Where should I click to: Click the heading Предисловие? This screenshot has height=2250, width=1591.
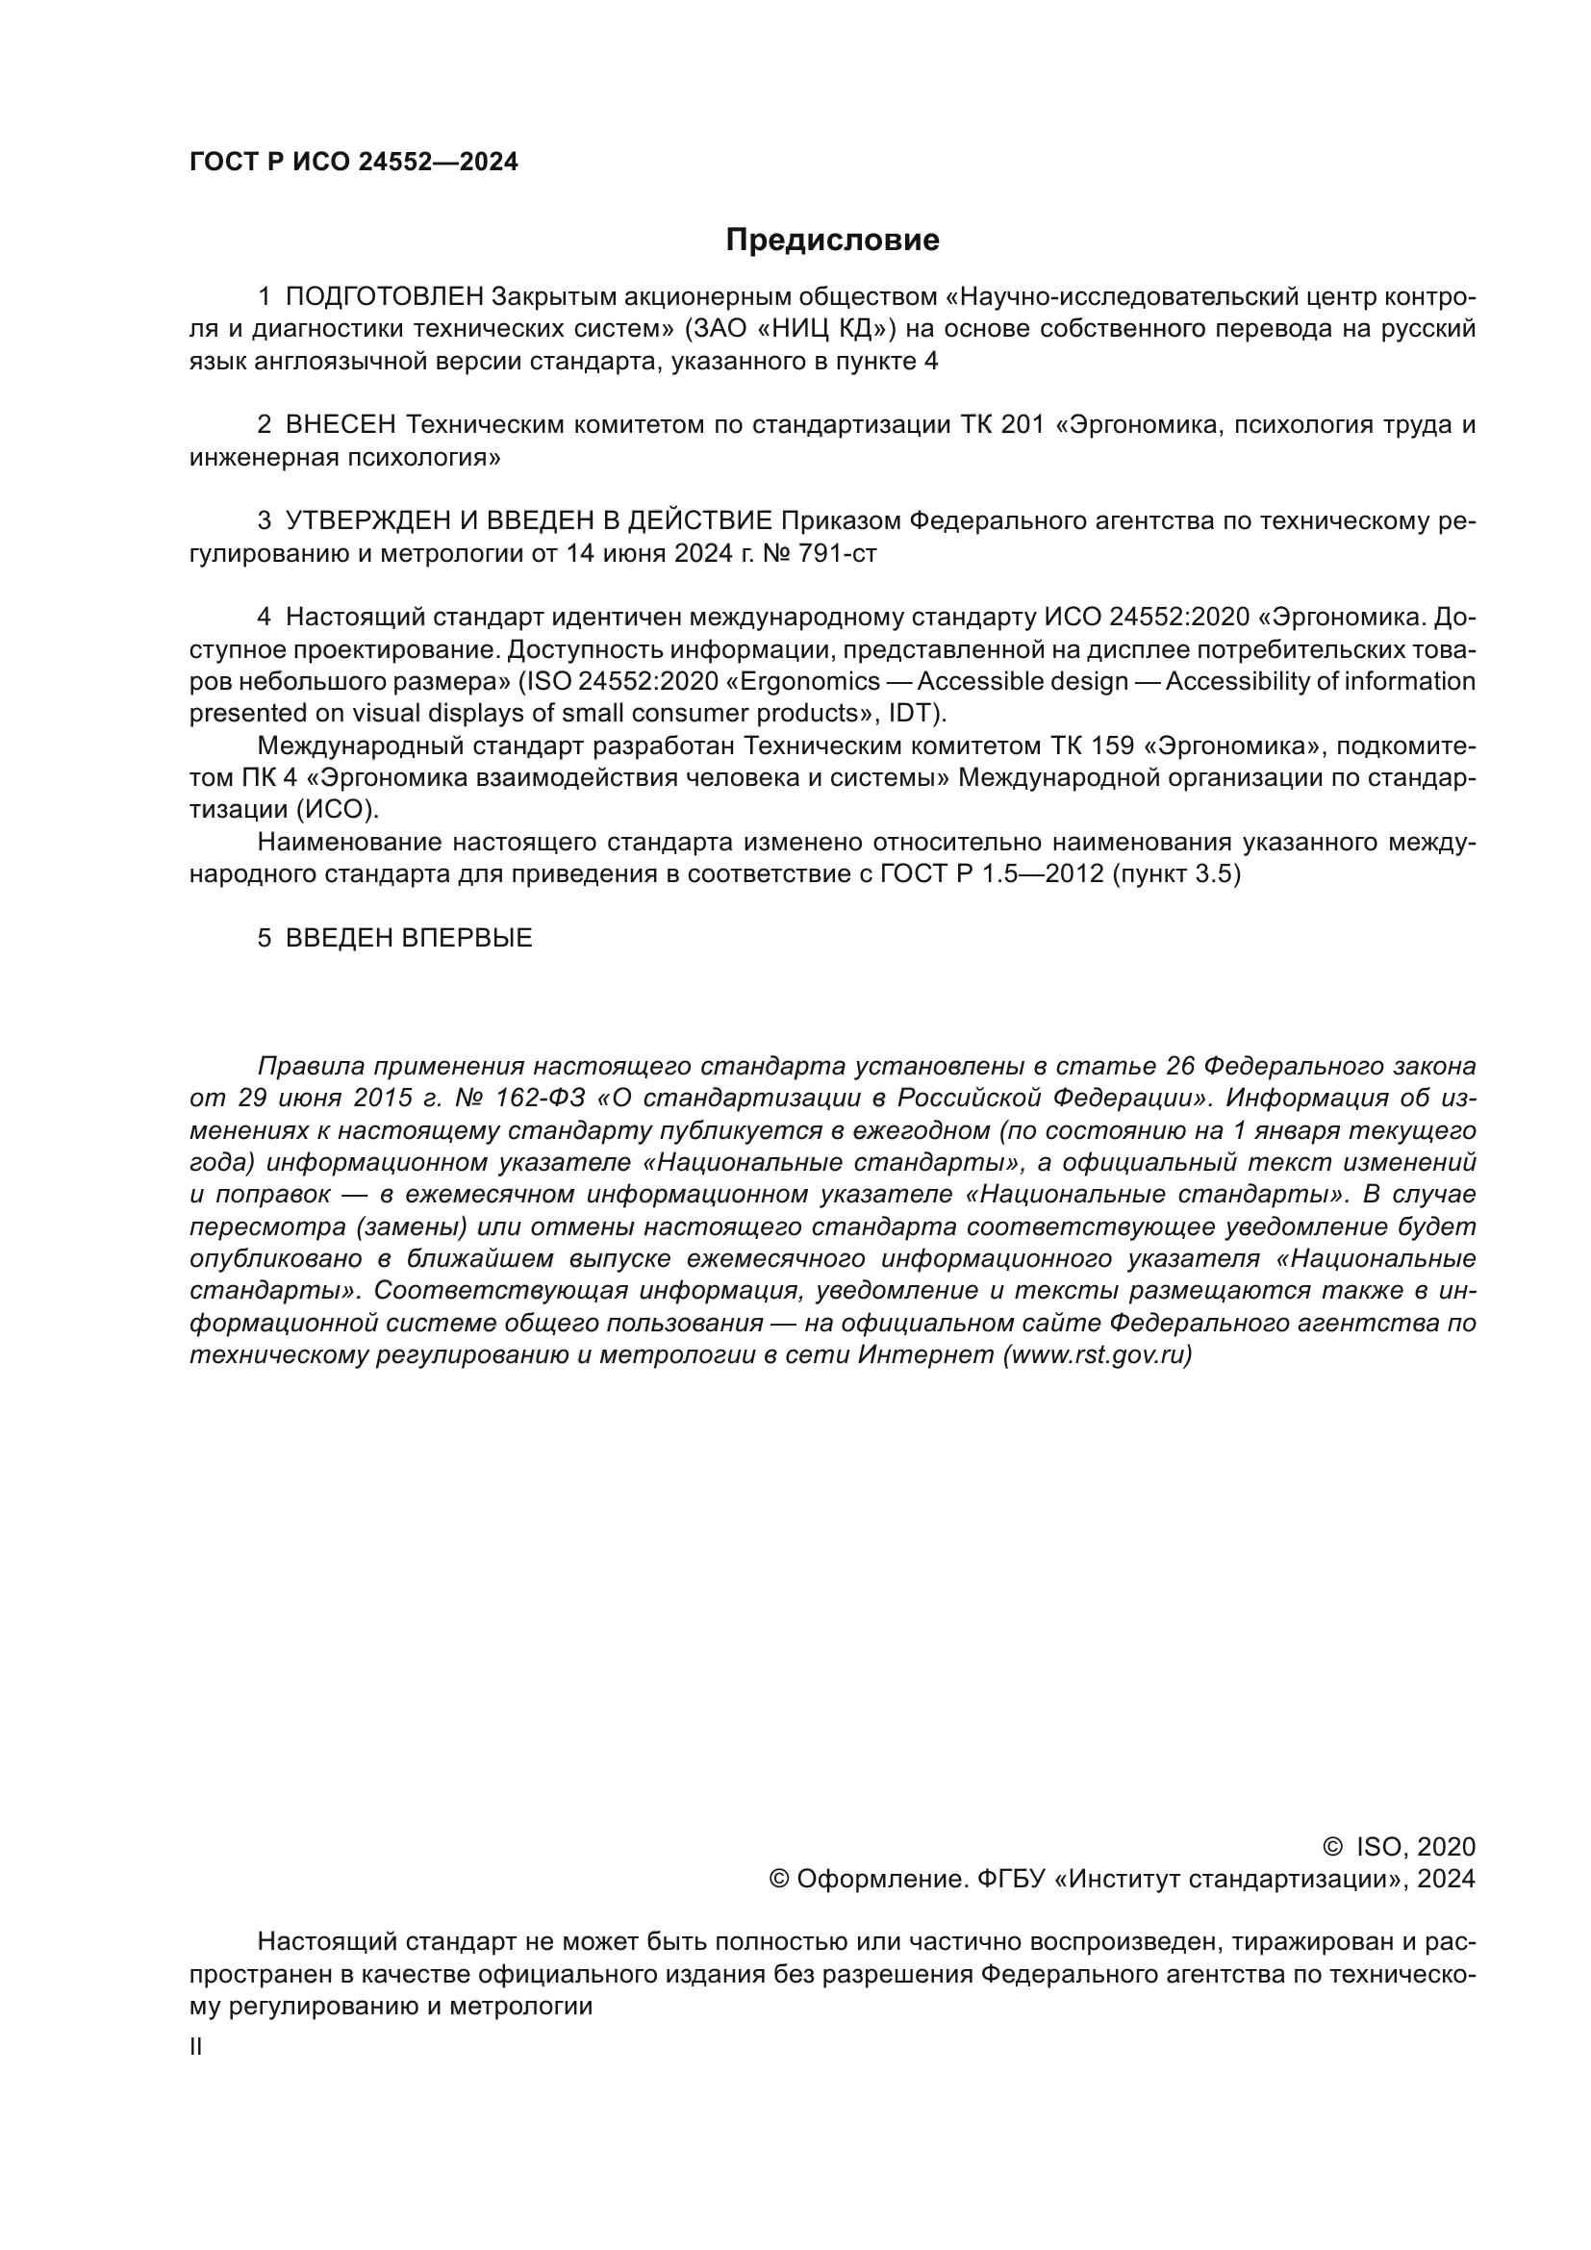coord(832,240)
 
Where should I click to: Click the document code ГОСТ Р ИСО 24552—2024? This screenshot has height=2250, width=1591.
coord(354,163)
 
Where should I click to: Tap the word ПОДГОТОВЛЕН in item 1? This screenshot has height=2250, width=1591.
coord(384,297)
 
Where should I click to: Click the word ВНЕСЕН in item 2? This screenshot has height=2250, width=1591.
coord(340,425)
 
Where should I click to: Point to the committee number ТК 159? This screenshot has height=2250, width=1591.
coord(1093,746)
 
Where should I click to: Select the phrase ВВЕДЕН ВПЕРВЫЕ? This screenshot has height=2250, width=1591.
coord(409,938)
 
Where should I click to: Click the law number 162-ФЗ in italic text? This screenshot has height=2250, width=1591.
coord(540,1098)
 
